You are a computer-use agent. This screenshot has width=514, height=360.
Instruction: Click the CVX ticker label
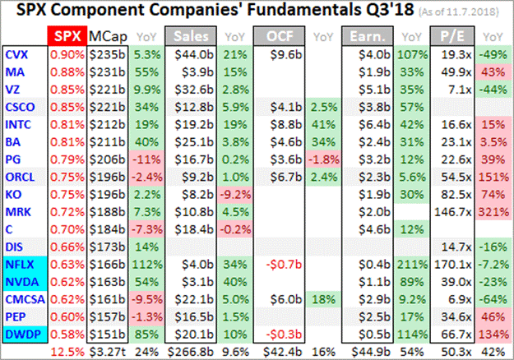[x=16, y=54]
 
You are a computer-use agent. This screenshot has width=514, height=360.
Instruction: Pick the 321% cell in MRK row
[x=492, y=210]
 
